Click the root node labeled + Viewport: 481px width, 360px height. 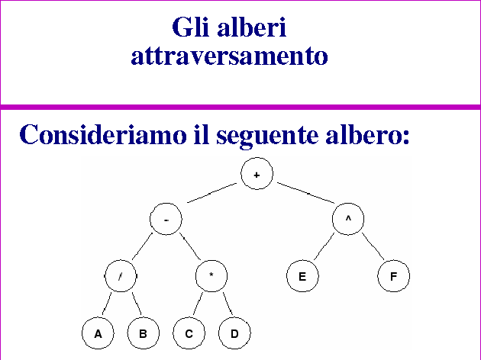[257, 175]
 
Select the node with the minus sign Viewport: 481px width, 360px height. [166, 219]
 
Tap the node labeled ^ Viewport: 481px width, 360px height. [348, 219]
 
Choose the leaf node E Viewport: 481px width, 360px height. [302, 277]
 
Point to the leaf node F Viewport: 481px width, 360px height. [393, 277]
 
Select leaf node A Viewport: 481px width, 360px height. [98, 333]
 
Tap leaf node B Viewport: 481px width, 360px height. [143, 333]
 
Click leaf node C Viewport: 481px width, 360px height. [189, 333]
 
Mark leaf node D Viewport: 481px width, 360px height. [234, 333]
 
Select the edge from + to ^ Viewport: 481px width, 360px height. [304, 194]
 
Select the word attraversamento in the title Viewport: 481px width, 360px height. [230, 56]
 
